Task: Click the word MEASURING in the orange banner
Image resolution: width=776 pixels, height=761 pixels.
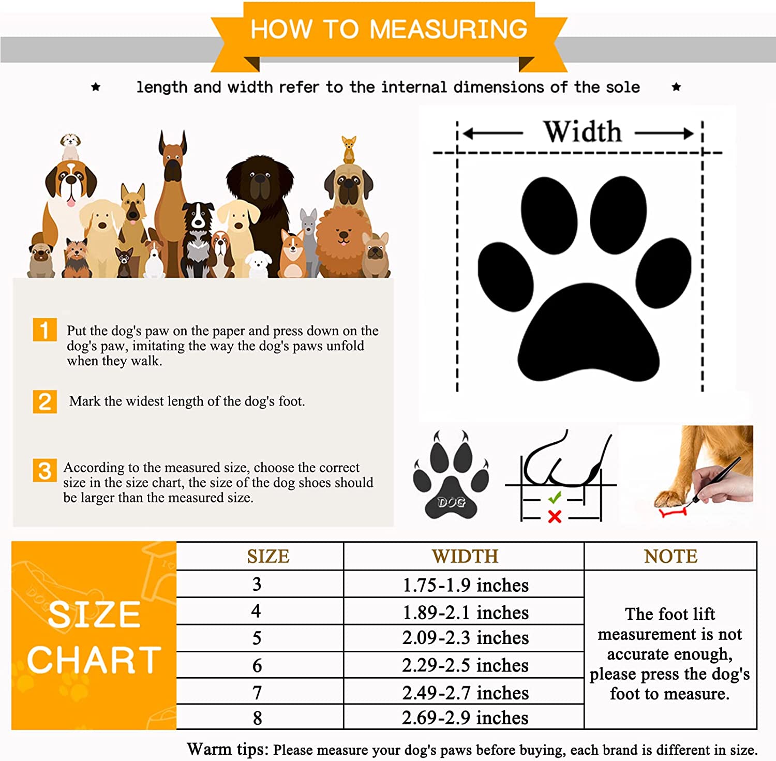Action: pyautogui.click(x=449, y=29)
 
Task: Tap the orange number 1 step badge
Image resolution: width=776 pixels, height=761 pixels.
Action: pyautogui.click(x=45, y=330)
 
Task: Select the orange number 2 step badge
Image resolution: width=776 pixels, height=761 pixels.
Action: pyautogui.click(x=45, y=402)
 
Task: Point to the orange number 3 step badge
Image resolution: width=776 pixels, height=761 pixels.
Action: pyautogui.click(x=45, y=470)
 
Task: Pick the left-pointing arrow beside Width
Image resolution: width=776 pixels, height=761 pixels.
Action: pyautogui.click(x=493, y=133)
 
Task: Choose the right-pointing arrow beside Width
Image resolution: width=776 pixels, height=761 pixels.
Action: pyautogui.click(x=664, y=133)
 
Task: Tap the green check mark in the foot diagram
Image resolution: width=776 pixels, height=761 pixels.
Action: pyautogui.click(x=555, y=498)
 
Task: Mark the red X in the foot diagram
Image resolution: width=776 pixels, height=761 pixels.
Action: pyautogui.click(x=555, y=516)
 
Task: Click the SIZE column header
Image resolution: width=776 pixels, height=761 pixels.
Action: pyautogui.click(x=268, y=556)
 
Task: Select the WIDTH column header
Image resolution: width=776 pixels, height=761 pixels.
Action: pyautogui.click(x=465, y=556)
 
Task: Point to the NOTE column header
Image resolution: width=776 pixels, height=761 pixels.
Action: pyautogui.click(x=670, y=556)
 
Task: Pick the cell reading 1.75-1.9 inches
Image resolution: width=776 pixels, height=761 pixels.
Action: pyautogui.click(x=466, y=585)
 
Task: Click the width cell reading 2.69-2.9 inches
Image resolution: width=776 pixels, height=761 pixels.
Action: pyautogui.click(x=466, y=718)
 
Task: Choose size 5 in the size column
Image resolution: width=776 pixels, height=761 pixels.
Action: pyautogui.click(x=257, y=638)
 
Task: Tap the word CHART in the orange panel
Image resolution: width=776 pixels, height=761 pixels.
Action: pyautogui.click(x=94, y=660)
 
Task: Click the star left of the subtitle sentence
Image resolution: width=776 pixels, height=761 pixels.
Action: pyautogui.click(x=96, y=87)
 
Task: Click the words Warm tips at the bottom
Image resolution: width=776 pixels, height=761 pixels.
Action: pyautogui.click(x=228, y=749)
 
